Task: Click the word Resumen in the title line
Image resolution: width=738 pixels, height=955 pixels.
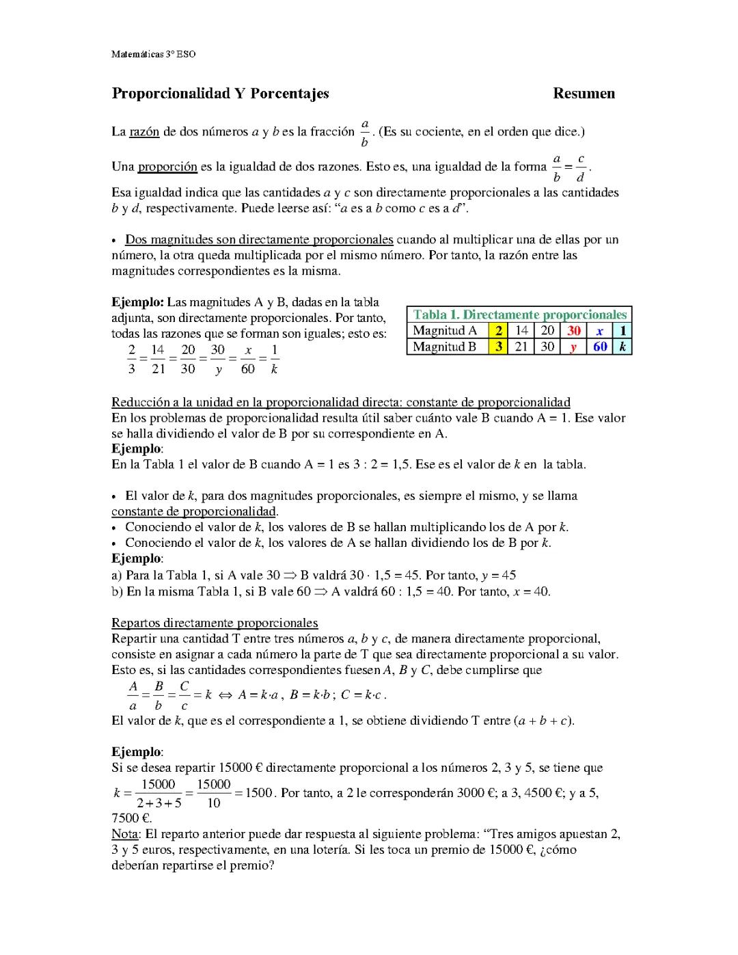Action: click(584, 94)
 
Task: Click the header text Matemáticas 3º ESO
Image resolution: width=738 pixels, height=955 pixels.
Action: click(153, 54)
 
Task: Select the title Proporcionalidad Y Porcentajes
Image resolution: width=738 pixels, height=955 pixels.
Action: click(220, 94)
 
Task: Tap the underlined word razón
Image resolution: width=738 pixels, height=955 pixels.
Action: click(144, 132)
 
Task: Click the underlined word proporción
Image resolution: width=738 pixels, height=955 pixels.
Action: click(167, 167)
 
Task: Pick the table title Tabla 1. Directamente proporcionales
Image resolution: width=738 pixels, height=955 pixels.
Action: click(519, 314)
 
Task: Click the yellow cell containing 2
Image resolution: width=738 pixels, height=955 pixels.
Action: click(498, 331)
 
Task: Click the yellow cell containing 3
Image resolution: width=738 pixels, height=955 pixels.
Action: click(498, 347)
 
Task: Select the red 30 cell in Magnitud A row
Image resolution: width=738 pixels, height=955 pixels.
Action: click(574, 331)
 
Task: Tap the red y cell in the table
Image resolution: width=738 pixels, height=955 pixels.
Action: click(574, 347)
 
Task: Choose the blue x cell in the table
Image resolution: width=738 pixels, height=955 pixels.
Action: click(600, 331)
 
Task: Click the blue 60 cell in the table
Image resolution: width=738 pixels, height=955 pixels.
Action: click(600, 347)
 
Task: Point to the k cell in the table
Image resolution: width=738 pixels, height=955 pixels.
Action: click(623, 347)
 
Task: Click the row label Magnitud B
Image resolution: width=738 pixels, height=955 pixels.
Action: click(444, 347)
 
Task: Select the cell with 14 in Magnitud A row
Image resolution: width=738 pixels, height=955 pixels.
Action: click(521, 331)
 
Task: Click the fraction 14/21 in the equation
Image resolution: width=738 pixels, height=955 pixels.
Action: click(158, 359)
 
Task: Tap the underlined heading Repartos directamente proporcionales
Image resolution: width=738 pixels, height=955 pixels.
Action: click(215, 623)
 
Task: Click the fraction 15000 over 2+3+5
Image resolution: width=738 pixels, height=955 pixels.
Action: click(159, 794)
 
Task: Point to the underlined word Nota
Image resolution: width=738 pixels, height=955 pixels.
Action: click(125, 834)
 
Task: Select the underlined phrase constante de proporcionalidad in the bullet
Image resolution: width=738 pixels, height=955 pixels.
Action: click(194, 511)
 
